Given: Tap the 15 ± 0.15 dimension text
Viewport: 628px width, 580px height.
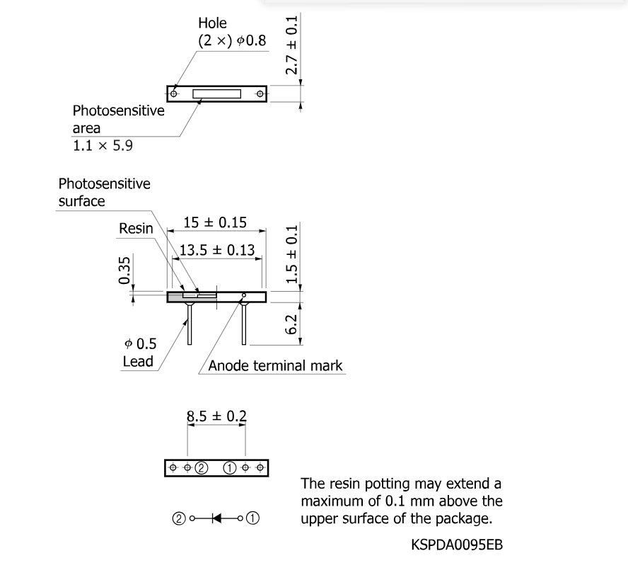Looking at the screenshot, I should (215, 223).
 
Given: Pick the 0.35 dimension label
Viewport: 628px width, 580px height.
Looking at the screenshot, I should (125, 271).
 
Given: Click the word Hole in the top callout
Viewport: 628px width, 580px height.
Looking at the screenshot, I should (212, 23).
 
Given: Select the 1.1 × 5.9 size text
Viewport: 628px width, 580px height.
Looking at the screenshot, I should (103, 146).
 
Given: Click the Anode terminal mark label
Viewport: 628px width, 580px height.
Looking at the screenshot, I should (276, 365).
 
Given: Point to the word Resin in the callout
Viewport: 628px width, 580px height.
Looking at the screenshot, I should (136, 229).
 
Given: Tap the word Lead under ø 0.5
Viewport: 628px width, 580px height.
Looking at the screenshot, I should (137, 362).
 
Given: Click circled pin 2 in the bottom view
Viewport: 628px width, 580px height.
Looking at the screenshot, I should (201, 468).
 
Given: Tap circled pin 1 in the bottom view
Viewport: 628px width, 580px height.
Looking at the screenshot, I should (231, 468).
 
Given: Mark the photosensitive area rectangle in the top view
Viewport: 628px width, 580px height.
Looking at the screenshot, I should (216, 93).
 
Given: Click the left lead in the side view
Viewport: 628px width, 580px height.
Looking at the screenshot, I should (190, 324).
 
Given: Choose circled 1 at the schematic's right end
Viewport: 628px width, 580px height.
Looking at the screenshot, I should (253, 518).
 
